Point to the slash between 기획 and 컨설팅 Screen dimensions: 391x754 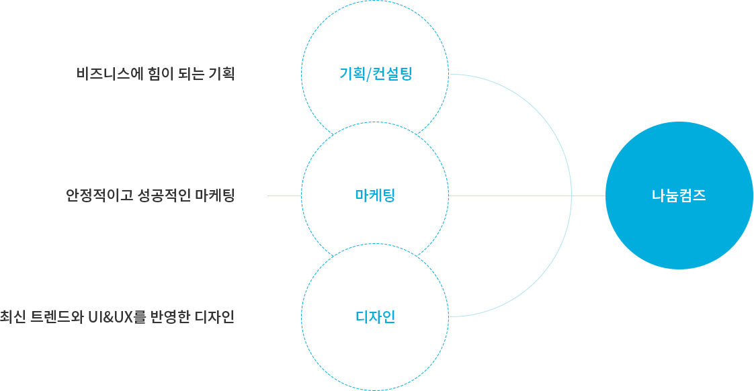tap(368, 74)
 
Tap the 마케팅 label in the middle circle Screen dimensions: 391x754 tap(375, 195)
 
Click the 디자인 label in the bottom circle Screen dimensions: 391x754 tap(375, 316)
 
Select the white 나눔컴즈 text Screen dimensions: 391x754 tap(679, 196)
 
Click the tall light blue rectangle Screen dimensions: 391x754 tap(511, 195)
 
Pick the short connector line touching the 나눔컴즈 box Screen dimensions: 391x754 tap(588, 195)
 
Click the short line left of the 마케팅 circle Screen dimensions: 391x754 tap(284, 195)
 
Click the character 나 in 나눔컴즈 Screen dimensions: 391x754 tap(658, 196)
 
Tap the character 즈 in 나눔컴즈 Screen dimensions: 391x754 tap(700, 196)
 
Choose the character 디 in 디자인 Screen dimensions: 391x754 tap(362, 316)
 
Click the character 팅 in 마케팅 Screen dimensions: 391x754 tap(388, 195)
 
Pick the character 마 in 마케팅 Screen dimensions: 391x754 tap(361, 195)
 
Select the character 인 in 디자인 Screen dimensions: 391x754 tap(389, 316)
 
